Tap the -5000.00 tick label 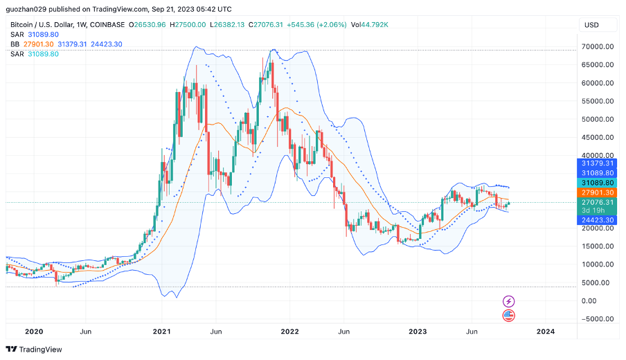pyautogui.click(x=595, y=319)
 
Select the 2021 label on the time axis pyautogui.click(x=161, y=332)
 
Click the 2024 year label pyautogui.click(x=545, y=332)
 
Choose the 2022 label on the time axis pyautogui.click(x=289, y=332)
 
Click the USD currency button pyautogui.click(x=592, y=25)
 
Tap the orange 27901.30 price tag pyautogui.click(x=596, y=192)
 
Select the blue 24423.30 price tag pyautogui.click(x=596, y=219)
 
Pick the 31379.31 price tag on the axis pyautogui.click(x=596, y=163)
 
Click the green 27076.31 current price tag pyautogui.click(x=596, y=202)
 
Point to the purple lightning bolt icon pyautogui.click(x=509, y=301)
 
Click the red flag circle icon pyautogui.click(x=509, y=316)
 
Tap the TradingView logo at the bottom pyautogui.click(x=34, y=349)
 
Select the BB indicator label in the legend pyautogui.click(x=15, y=44)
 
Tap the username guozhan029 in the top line pyautogui.click(x=28, y=10)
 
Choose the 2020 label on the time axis pyautogui.click(x=33, y=332)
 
